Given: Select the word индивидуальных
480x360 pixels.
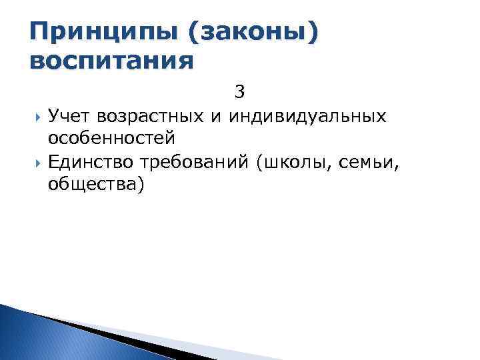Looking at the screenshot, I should point(307,116).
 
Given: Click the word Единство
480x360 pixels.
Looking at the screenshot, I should point(90,161).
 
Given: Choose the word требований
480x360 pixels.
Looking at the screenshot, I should point(196,161).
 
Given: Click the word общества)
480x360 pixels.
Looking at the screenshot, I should point(96,183).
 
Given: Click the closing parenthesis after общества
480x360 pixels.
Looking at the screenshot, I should point(140,183).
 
